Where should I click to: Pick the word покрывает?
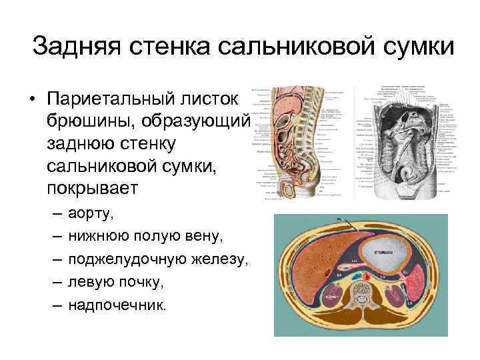pyautogui.click(x=91, y=187)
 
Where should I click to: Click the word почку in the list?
pyautogui.click(x=139, y=282)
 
